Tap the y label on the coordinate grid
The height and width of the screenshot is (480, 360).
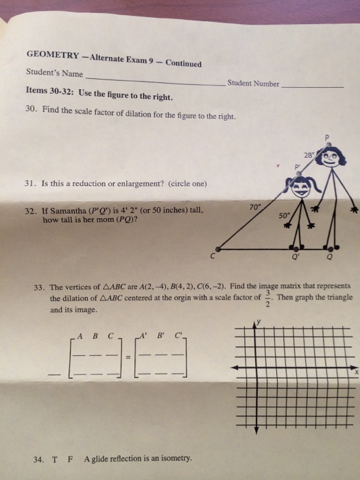point(260,321)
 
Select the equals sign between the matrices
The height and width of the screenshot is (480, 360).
point(128,360)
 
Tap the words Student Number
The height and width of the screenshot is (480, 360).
point(253,84)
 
